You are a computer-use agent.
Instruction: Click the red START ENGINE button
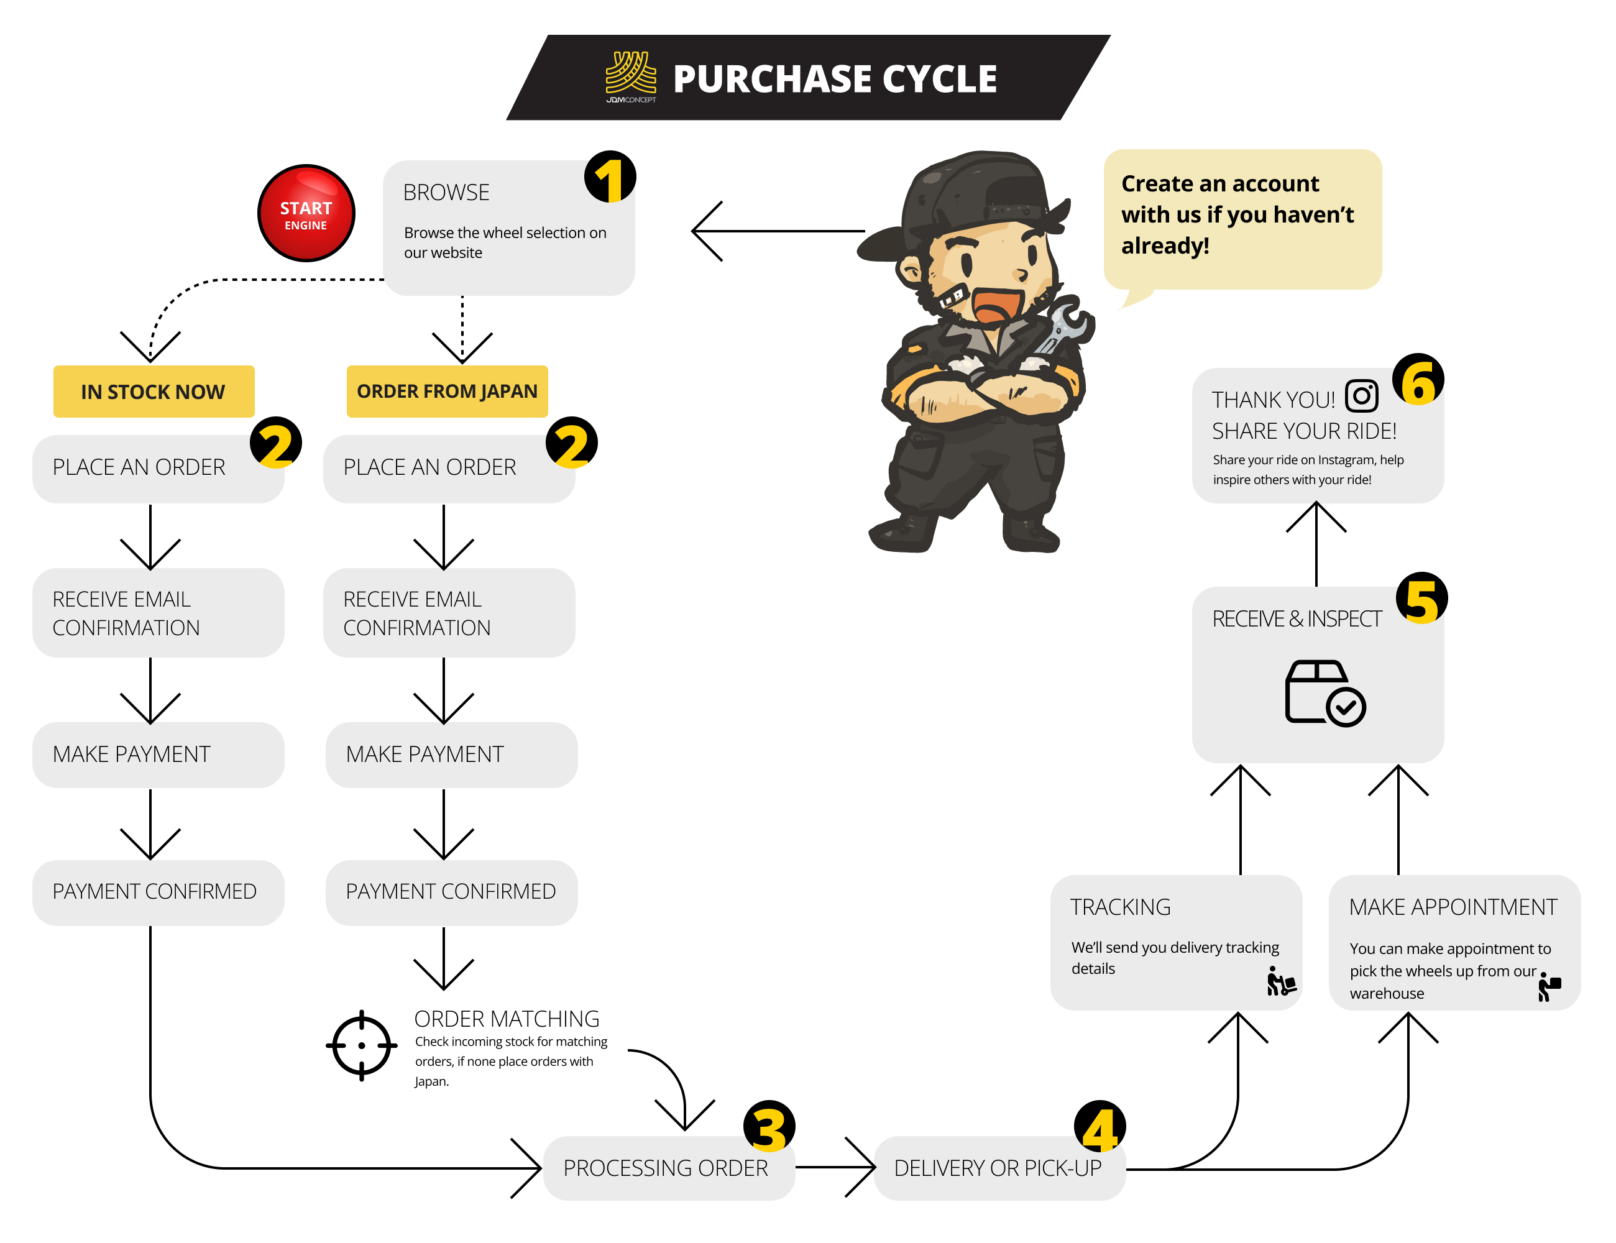pos(306,213)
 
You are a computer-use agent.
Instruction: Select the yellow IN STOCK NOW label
pos(153,392)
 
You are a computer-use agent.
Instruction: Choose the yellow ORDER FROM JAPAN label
pos(447,392)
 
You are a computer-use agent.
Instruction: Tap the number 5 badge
pos(1421,598)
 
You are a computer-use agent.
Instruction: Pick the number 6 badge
pos(1418,380)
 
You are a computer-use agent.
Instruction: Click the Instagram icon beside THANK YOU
pos(1361,396)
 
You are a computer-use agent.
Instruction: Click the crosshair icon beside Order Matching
pos(361,1045)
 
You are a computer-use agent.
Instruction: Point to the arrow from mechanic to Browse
pos(777,231)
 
